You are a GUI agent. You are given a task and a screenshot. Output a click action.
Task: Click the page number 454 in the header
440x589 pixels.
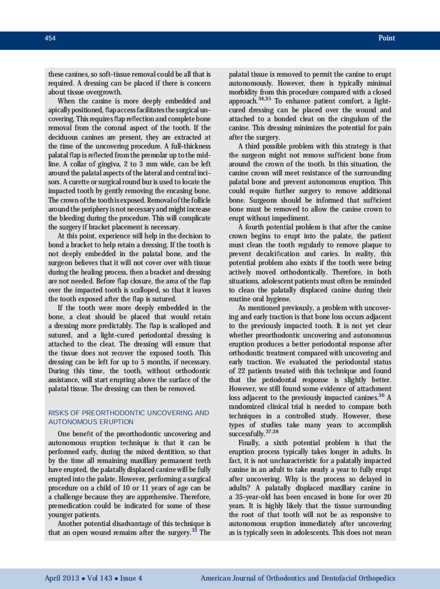[x=50, y=38]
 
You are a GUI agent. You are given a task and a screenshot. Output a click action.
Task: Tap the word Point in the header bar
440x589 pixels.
[x=386, y=38]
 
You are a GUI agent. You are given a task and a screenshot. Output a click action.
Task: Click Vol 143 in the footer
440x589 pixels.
[x=100, y=579]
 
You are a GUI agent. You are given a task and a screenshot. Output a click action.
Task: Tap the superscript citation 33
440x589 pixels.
[x=194, y=530]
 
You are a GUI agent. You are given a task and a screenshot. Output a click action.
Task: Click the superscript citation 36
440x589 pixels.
[x=381, y=395]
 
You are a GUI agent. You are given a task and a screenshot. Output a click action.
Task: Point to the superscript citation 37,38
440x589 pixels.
[x=272, y=432]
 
